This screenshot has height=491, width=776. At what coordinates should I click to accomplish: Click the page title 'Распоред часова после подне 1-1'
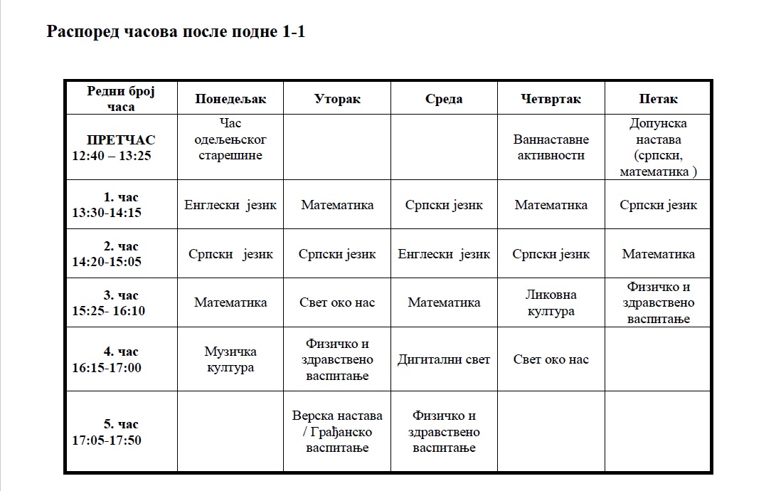176,32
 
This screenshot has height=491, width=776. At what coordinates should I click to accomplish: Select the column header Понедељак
230,99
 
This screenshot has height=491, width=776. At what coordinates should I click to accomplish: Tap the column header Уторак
337,99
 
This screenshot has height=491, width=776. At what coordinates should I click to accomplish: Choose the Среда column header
444,99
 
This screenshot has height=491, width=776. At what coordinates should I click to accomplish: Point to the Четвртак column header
551,99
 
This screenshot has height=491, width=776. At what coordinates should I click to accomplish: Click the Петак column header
658,99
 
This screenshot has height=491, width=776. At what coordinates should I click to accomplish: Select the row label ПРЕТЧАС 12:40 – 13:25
120,147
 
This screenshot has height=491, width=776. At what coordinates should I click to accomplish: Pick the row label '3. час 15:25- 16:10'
120,302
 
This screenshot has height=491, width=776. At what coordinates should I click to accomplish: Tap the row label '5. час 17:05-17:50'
120,432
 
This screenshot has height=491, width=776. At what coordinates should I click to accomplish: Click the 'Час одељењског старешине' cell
230,139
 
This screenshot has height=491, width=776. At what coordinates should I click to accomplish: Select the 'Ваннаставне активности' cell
551,147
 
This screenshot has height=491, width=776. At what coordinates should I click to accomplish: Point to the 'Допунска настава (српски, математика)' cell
658,147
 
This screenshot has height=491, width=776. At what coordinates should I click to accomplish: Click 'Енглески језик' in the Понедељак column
230,205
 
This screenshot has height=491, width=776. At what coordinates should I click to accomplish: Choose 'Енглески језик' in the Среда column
444,254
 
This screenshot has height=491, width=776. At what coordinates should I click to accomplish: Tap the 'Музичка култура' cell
230,359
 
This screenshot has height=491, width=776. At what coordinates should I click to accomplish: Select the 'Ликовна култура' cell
551,302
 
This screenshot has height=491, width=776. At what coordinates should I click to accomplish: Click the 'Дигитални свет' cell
444,359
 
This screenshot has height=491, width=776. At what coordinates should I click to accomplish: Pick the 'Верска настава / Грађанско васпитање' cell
337,432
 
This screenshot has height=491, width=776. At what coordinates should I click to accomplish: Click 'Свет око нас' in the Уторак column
337,302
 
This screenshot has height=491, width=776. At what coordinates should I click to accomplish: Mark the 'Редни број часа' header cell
120,99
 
